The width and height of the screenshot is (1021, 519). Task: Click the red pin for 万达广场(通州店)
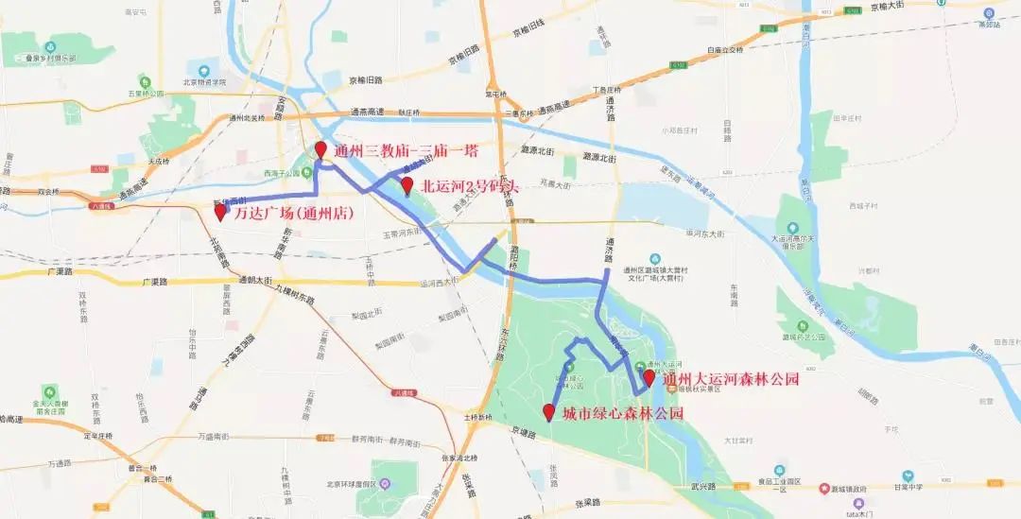(x=220, y=212)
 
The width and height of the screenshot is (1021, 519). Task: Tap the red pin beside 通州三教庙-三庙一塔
(x=320, y=149)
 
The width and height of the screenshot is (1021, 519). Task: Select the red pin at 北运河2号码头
(x=407, y=185)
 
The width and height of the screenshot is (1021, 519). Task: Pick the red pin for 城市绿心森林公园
(x=548, y=412)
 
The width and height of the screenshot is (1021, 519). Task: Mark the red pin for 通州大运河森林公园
(x=649, y=378)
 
